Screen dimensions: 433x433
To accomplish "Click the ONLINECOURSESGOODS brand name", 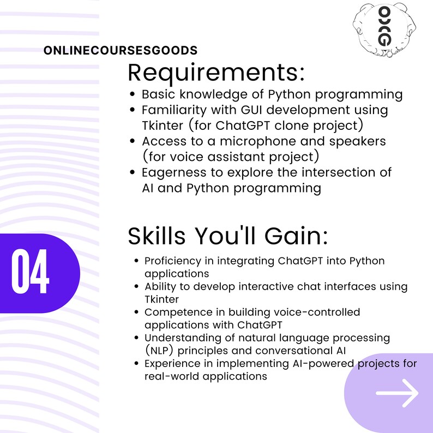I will (121, 51).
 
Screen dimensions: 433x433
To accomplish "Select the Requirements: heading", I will (216, 73).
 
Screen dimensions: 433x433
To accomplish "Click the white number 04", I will (31, 273).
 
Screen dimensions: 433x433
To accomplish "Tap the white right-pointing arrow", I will (397, 393).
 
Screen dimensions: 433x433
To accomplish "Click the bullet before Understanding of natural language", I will (136, 338).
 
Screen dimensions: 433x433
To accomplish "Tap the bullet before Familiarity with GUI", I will (133, 110).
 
